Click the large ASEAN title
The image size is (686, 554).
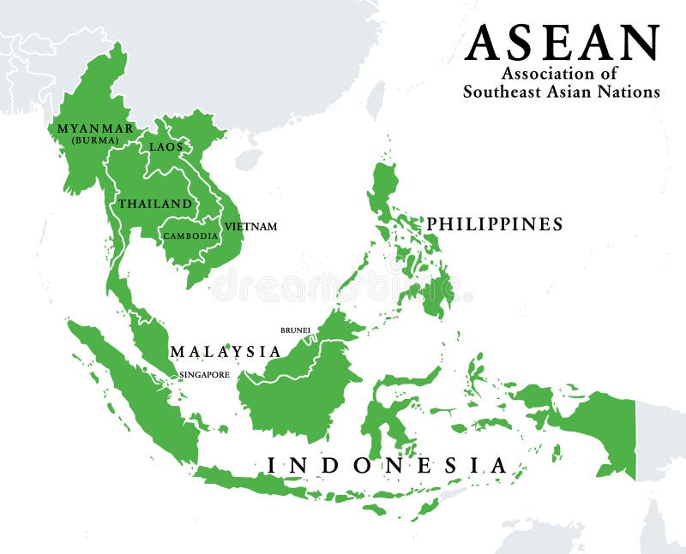(x=562, y=43)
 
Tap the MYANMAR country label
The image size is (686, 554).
(x=94, y=128)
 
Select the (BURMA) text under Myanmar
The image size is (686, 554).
(x=94, y=140)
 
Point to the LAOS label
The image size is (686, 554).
(x=165, y=146)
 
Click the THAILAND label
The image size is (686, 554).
(x=155, y=204)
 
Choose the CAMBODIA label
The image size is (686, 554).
(x=190, y=235)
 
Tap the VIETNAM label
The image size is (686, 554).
(x=250, y=227)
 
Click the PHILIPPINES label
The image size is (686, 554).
(x=495, y=224)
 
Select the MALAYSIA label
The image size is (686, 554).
(x=225, y=351)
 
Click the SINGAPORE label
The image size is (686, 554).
(x=204, y=375)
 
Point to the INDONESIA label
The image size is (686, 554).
(x=387, y=465)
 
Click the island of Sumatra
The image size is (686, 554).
(x=137, y=394)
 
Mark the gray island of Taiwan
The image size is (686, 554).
(x=376, y=100)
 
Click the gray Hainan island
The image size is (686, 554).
(x=248, y=159)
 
